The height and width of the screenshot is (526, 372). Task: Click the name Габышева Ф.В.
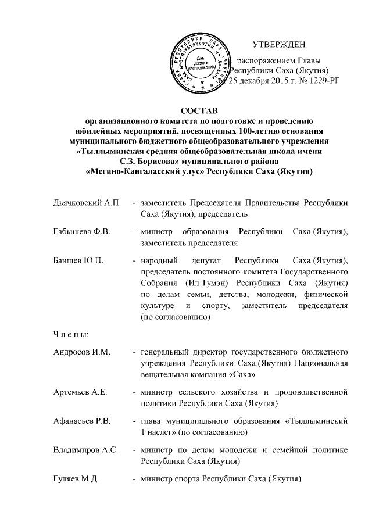[78, 232]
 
